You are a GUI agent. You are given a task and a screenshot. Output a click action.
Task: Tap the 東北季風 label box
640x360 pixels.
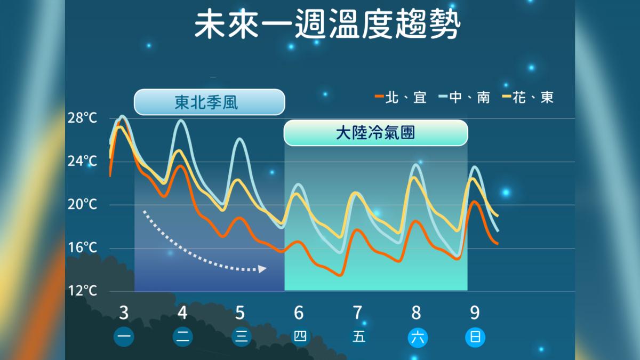point(209,102)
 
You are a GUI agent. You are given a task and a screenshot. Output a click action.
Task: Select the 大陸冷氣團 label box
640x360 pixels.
point(375,133)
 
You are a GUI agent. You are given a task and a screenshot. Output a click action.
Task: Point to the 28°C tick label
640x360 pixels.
point(83,118)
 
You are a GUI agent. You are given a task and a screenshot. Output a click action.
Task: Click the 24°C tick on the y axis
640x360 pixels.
point(83,162)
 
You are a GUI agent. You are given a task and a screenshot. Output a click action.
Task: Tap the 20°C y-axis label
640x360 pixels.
point(83,205)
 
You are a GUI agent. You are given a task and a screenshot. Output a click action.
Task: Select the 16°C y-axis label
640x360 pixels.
point(83,248)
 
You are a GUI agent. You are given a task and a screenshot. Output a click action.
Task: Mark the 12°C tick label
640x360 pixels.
point(83,291)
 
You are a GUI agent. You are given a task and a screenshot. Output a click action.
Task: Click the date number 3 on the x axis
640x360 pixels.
point(124,312)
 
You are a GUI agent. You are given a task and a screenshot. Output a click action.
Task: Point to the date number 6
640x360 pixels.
point(299,312)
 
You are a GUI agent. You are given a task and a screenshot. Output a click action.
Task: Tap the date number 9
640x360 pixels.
point(474,312)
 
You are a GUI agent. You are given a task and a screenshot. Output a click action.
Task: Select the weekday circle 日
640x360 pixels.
point(475,338)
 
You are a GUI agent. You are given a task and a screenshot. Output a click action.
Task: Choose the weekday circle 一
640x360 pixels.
point(124,338)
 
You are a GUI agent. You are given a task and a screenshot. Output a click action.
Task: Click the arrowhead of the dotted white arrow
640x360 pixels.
point(262,269)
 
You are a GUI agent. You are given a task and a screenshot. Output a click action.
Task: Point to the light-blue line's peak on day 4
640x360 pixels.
point(181,121)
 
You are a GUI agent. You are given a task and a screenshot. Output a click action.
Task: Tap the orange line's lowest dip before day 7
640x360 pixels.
point(340,275)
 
